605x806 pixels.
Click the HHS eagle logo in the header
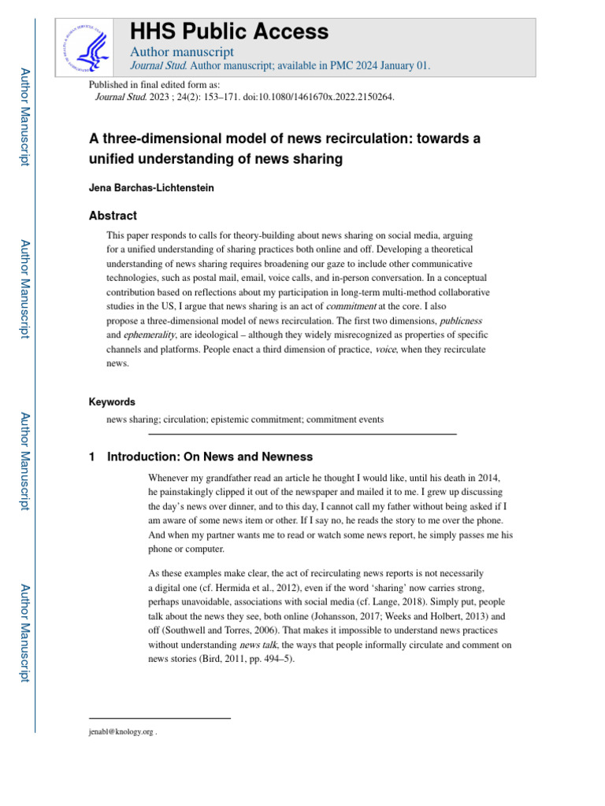pos(88,46)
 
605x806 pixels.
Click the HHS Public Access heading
pos(228,31)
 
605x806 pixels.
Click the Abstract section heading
pos(113,216)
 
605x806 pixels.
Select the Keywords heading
pos(112,401)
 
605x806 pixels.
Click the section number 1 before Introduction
pos(93,457)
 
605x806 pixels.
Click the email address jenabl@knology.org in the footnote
pos(121,732)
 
